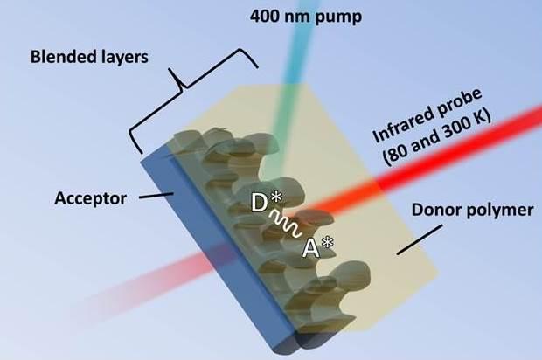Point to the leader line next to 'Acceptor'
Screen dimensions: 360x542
coord(152,198)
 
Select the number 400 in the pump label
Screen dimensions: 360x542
coord(265,15)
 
